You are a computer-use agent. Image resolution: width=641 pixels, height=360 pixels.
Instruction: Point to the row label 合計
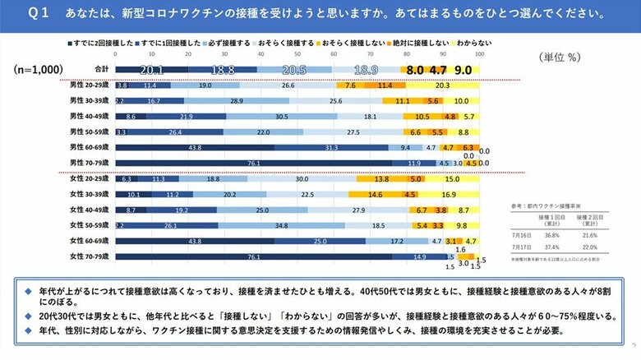[x=102, y=69]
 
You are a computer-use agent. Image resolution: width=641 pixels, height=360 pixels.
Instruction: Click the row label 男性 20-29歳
[x=90, y=85]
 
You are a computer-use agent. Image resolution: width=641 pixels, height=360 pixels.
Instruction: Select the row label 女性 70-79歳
[x=90, y=256]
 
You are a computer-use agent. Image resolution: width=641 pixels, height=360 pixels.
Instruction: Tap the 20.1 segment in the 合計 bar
[x=152, y=70]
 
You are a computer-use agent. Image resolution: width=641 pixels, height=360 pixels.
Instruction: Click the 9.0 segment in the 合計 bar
[x=463, y=70]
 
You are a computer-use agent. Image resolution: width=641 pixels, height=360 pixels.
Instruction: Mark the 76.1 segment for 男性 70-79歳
[x=253, y=163]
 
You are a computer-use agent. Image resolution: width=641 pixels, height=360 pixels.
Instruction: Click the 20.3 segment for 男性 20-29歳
[x=442, y=85]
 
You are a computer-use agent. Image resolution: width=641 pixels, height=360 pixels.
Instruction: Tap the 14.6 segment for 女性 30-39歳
[x=375, y=195]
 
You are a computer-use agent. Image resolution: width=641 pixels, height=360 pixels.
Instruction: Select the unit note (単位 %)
[x=562, y=58]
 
